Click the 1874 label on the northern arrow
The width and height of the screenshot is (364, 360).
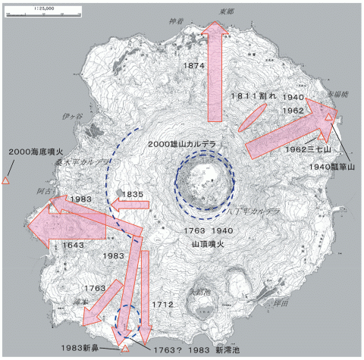tap(195, 67)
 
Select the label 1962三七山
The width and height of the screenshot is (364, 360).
tap(306, 149)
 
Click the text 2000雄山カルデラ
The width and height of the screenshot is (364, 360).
tap(182, 144)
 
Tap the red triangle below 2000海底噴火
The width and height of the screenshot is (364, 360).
tap(5, 181)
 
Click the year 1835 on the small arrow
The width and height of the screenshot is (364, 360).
tap(132, 196)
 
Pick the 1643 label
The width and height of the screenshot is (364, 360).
tap(74, 245)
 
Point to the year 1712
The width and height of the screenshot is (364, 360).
tap(163, 305)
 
